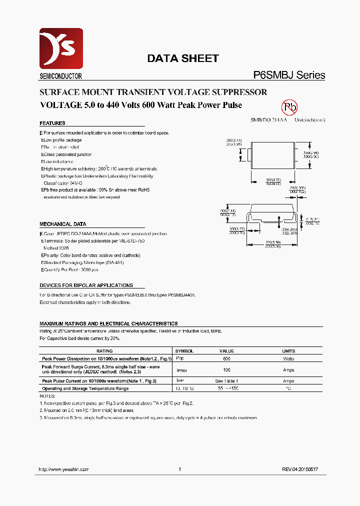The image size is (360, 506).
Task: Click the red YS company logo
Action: click(61, 48)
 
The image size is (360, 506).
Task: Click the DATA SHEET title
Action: click(182, 58)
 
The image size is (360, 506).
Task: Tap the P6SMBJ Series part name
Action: click(289, 75)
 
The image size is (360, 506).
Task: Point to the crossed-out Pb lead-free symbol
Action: click(290, 107)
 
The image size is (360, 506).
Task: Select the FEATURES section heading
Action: click(52, 123)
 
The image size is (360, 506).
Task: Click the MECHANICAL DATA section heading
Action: click(63, 224)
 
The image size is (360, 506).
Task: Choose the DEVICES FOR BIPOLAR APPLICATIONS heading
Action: click(86, 285)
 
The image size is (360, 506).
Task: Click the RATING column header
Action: click(104, 351)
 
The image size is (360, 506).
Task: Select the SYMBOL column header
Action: click(185, 351)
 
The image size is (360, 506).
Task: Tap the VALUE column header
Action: click(226, 351)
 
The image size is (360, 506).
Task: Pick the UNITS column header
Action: click(288, 351)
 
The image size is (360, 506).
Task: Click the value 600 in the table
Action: click(226, 358)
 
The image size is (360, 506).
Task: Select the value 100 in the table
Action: click(226, 370)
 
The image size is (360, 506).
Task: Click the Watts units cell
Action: click(288, 358)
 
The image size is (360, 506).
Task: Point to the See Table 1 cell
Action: click(226, 381)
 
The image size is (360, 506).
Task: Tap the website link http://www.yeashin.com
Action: click(64, 469)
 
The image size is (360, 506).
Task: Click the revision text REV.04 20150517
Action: click(300, 469)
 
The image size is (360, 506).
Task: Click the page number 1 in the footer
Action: click(179, 469)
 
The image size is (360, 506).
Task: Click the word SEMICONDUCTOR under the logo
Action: click(60, 76)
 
